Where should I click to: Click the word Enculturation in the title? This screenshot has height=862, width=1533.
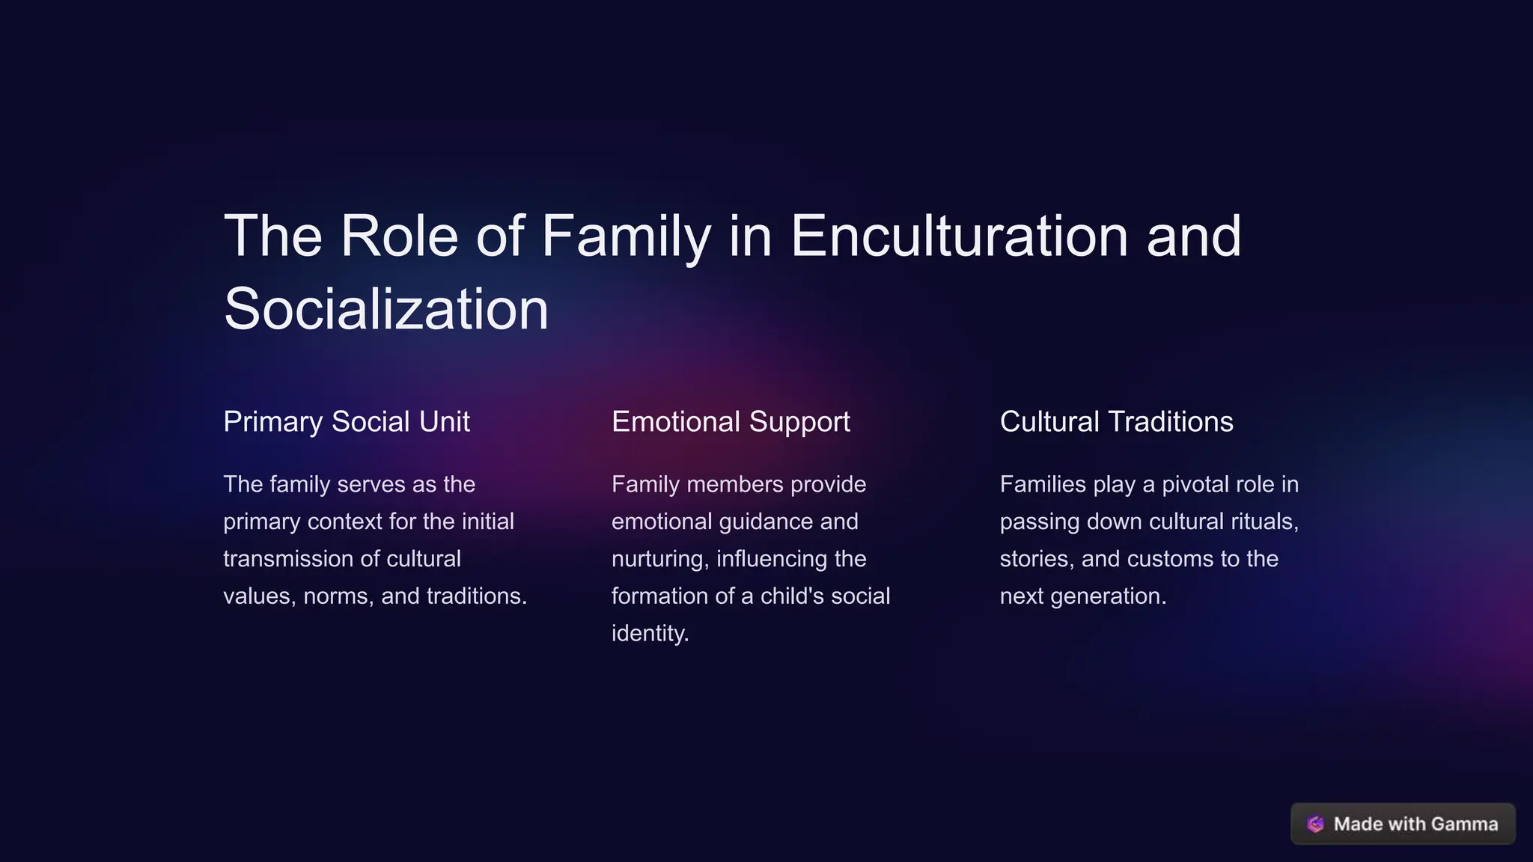pyautogui.click(x=959, y=236)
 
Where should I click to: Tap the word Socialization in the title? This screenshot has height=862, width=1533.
pyautogui.click(x=386, y=309)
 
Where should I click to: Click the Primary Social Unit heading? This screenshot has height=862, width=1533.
pyautogui.click(x=347, y=422)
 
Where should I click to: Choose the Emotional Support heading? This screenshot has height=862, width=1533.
pyautogui.click(x=731, y=422)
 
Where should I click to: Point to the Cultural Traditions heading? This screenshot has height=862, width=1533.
pyautogui.click(x=1116, y=422)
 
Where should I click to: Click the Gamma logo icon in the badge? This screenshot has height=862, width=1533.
pyautogui.click(x=1315, y=824)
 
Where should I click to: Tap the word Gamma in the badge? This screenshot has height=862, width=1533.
pyautogui.click(x=1464, y=824)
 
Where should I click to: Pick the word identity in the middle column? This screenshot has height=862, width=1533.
pyautogui.click(x=649, y=634)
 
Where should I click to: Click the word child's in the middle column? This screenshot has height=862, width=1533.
pyautogui.click(x=802, y=596)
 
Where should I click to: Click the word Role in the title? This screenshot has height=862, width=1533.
pyautogui.click(x=399, y=236)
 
